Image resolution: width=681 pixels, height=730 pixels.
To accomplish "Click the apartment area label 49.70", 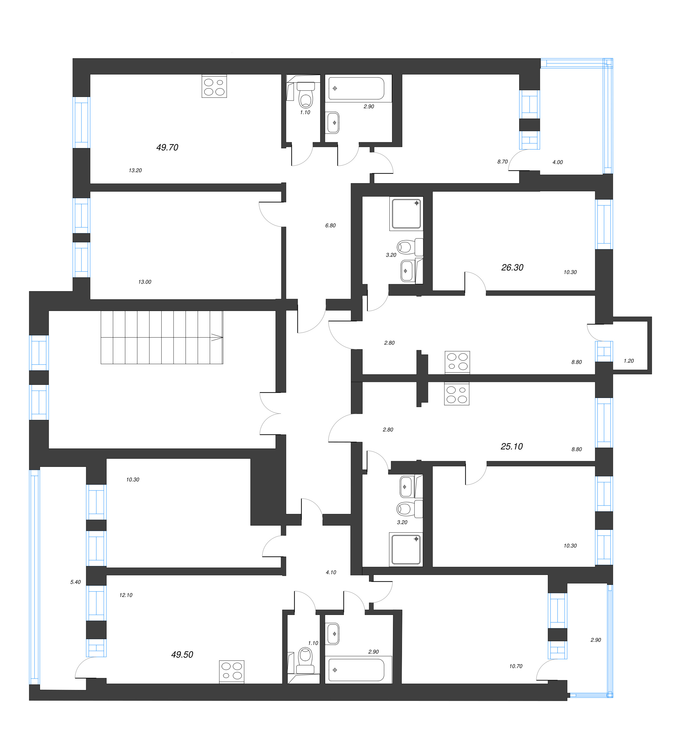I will [x=167, y=147].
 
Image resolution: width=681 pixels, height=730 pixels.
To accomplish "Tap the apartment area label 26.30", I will [x=512, y=267].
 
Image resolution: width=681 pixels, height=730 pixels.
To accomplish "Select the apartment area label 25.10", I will [x=511, y=446].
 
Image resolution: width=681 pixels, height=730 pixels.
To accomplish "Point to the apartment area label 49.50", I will [x=182, y=654].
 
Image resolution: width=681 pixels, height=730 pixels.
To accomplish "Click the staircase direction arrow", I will [x=217, y=338].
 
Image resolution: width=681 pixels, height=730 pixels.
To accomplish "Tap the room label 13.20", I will [x=135, y=171].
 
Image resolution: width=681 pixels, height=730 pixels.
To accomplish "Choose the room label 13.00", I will [x=145, y=282].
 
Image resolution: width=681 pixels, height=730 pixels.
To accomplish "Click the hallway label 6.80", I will [x=330, y=225].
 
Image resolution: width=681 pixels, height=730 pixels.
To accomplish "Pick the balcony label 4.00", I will [x=557, y=162].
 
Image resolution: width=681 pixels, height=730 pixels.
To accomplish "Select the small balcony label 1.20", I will [x=628, y=361].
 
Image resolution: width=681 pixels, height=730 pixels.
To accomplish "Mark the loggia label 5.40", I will [x=75, y=582].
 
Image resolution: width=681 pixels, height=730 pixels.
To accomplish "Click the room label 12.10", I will [x=126, y=595].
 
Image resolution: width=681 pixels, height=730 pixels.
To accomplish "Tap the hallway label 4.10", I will [x=331, y=572].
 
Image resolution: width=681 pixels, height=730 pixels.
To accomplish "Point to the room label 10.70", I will [x=515, y=666].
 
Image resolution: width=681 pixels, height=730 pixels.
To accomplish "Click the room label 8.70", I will [x=502, y=161].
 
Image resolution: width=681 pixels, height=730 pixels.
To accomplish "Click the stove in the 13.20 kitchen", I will [x=214, y=87].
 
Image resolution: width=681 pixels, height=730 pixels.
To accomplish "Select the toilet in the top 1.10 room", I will [x=306, y=95].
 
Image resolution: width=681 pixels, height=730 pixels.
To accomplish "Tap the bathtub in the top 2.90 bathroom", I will [x=356, y=88].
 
